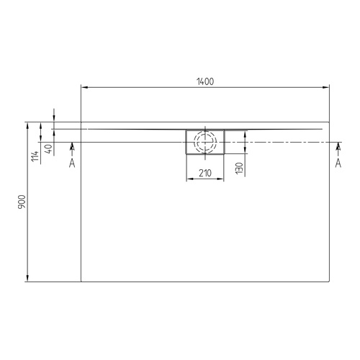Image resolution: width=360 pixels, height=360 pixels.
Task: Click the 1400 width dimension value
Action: tap(204, 81)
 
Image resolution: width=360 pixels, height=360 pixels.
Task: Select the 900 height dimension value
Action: tap(22, 202)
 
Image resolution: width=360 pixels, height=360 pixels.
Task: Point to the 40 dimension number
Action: tap(48, 150)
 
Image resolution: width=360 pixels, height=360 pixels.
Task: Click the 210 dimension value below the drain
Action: tap(204, 173)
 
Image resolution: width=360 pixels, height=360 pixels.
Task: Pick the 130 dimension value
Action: tap(238, 168)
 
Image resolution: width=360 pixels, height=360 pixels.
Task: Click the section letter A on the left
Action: tap(71, 163)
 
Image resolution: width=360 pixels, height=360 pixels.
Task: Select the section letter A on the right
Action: tap(338, 163)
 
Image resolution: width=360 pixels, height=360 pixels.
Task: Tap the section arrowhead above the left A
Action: tap(71, 147)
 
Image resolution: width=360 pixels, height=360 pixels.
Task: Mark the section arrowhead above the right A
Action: tap(338, 147)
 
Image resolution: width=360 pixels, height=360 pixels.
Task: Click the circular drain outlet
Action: tap(205, 141)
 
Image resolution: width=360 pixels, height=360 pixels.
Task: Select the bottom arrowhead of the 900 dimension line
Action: tap(28, 277)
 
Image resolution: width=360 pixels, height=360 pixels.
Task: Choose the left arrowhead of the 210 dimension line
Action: tap(189, 179)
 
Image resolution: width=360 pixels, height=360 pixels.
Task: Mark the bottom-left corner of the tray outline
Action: tap(81, 281)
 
